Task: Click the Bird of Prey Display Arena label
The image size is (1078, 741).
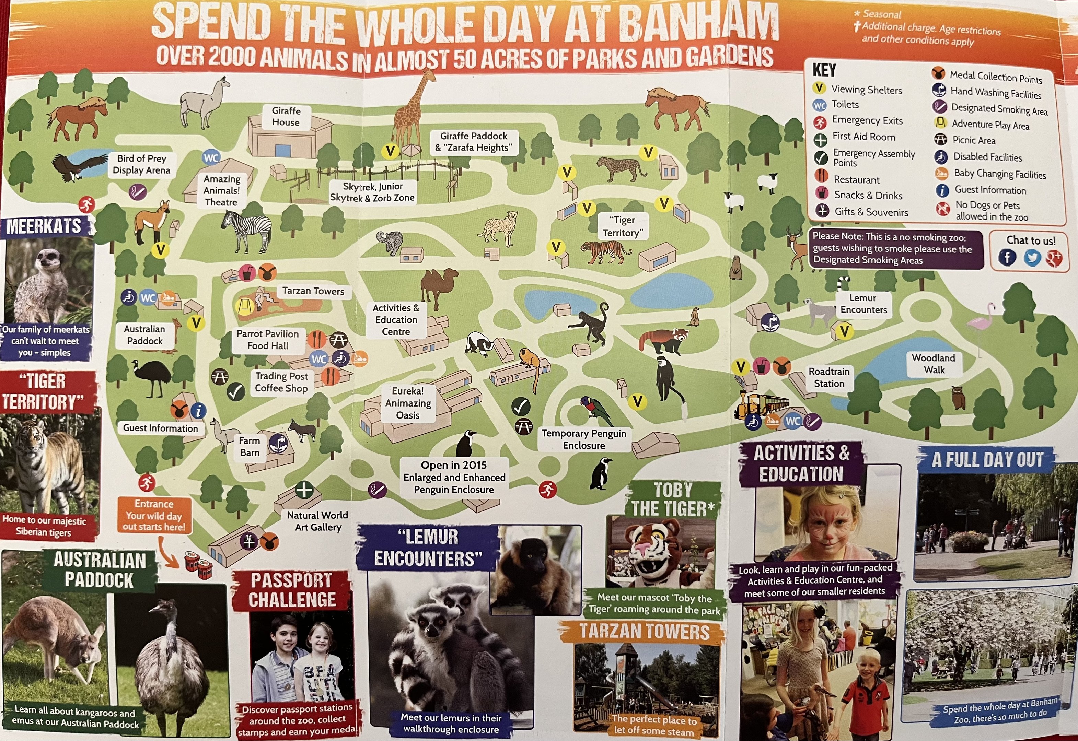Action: pos(141,164)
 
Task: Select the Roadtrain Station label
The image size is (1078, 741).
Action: pos(829,377)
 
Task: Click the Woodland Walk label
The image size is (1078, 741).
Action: pos(934,364)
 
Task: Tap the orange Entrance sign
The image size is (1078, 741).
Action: pos(154,515)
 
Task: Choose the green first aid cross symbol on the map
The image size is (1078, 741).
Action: pos(304,490)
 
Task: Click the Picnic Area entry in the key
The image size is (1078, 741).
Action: pos(974,140)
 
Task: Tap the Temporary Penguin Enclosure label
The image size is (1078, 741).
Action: pos(584,439)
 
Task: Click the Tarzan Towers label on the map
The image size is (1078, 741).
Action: pos(313,291)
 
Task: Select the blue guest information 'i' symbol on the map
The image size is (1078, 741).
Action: pos(199,410)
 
